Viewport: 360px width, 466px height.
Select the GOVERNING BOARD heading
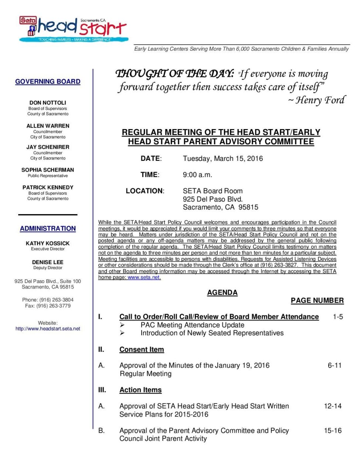pos(48,81)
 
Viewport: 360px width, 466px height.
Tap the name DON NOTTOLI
pos(48,102)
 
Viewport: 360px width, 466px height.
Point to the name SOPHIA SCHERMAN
pos(48,170)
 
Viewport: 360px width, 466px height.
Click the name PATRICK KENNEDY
pos(48,188)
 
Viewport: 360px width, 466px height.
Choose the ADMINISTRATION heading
pos(48,229)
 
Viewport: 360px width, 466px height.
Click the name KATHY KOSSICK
pos(48,243)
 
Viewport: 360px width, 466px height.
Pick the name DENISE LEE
pos(48,262)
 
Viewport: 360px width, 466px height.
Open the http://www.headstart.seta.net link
pos(48,328)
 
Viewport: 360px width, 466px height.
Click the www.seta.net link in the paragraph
pos(144,277)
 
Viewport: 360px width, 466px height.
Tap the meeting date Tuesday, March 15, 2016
pos(223,159)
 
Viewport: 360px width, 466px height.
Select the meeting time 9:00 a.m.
pos(197,175)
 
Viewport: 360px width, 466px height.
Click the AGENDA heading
pos(222,293)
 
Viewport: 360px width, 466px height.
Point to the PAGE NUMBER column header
pos(317,301)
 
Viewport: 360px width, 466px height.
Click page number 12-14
pos(333,406)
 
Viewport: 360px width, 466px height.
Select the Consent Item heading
pos(142,349)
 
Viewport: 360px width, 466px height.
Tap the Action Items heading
pos(140,390)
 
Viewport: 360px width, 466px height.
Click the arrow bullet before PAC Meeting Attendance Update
pos(122,325)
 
